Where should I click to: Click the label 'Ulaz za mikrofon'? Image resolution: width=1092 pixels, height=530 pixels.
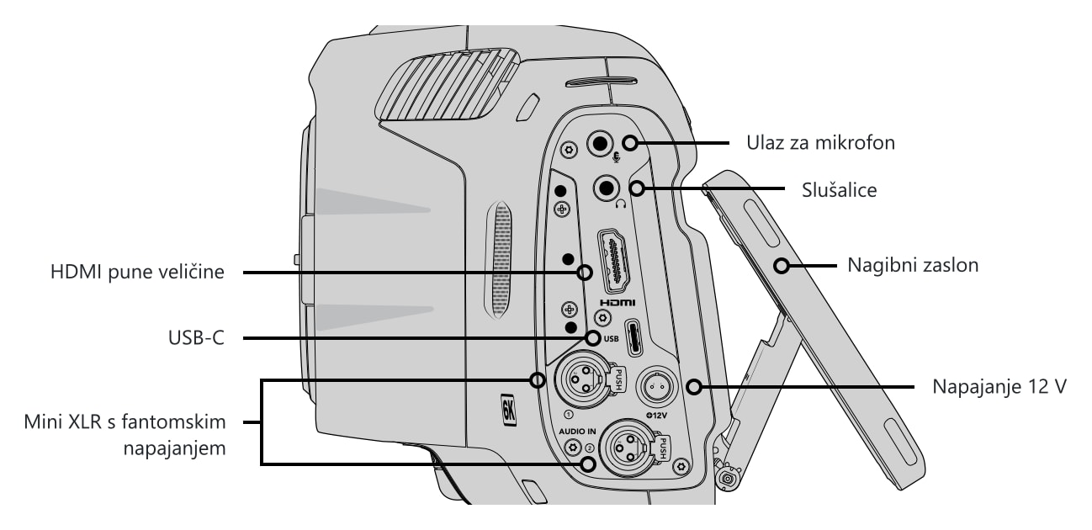820,143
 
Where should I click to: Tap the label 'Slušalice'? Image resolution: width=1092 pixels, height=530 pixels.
839,190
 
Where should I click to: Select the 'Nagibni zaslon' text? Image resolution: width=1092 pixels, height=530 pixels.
913,265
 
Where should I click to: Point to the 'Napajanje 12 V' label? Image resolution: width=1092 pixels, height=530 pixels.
999,387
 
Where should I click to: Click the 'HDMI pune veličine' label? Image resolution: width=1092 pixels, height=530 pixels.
137,272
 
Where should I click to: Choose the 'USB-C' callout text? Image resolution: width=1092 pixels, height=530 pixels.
197,337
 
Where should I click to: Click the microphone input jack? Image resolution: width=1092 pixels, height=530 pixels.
600,144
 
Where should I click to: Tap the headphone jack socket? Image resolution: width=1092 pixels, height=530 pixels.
607,188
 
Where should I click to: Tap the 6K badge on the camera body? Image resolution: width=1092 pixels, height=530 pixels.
508,409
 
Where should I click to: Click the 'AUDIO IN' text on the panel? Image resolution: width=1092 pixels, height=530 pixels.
577,432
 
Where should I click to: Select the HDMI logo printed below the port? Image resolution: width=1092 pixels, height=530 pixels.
618,303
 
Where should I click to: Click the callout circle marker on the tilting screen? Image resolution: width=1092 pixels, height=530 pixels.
782,266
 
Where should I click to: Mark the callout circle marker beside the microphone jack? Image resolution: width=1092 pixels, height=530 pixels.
630,143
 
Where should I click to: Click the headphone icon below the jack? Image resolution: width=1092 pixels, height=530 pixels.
620,204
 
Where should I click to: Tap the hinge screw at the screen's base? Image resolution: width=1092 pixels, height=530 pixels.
728,479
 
